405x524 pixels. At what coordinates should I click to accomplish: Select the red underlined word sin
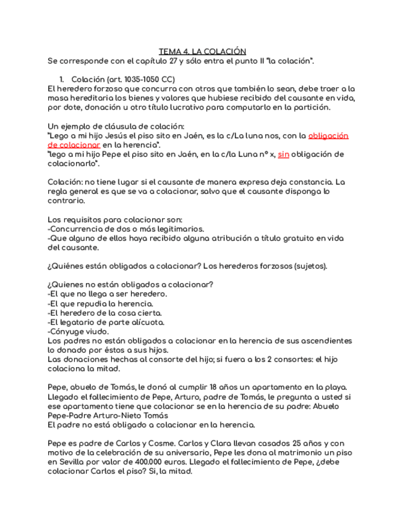[x=283, y=154]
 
